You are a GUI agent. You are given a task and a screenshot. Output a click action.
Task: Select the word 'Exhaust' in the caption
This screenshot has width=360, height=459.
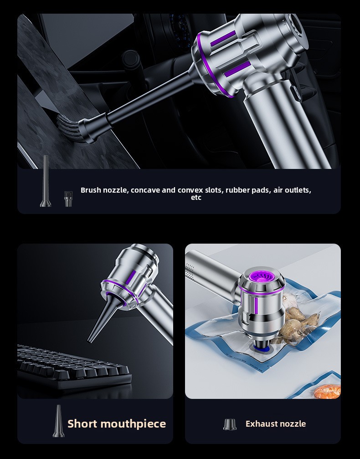point(261,423)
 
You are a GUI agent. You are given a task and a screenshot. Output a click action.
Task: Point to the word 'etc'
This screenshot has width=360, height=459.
point(196,198)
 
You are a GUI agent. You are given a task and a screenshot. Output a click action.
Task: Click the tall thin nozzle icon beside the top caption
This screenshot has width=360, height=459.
point(45,181)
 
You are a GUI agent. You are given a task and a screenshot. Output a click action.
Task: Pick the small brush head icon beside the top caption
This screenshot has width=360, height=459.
point(68,199)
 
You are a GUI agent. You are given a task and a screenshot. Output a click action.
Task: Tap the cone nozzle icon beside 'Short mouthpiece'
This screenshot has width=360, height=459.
point(58,421)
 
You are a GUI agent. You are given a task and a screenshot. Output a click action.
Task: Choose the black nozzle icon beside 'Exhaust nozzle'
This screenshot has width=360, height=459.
point(230,424)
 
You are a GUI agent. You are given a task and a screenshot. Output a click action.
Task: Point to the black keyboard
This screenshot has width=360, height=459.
point(73,367)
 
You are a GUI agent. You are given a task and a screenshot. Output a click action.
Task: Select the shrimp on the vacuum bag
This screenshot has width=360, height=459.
point(328,391)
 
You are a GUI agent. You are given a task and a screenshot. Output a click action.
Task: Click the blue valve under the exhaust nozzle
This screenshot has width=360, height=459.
point(262,347)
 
